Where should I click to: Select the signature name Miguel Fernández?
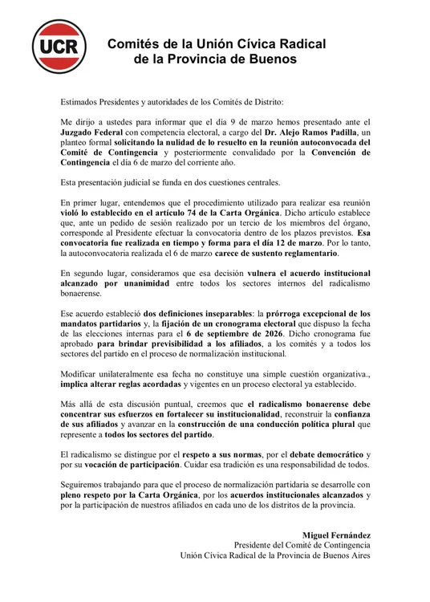click(x=335, y=534)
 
